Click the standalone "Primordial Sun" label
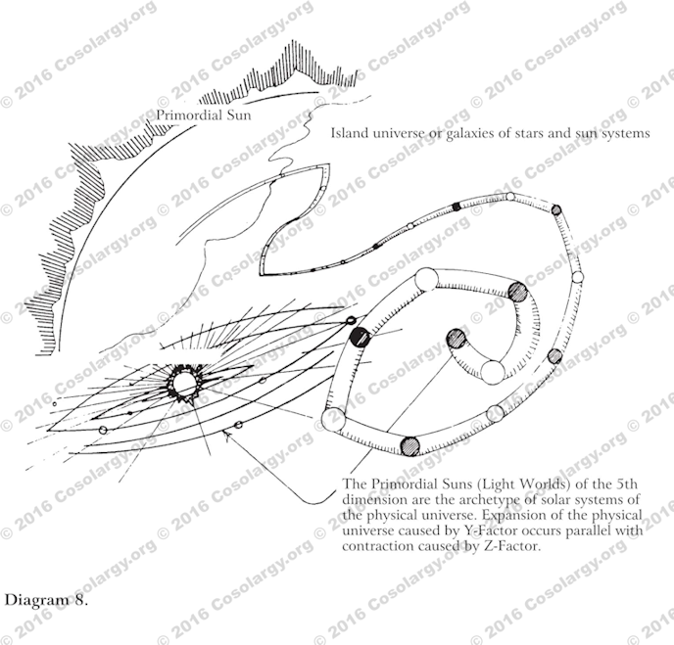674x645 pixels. [204, 115]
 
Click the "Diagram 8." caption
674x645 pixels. [46, 599]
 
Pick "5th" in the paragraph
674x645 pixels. [627, 484]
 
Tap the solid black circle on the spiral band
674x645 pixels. [360, 337]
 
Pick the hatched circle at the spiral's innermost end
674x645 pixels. [457, 339]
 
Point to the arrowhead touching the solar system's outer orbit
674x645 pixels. [227, 436]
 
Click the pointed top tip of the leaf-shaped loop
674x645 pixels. [330, 164]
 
